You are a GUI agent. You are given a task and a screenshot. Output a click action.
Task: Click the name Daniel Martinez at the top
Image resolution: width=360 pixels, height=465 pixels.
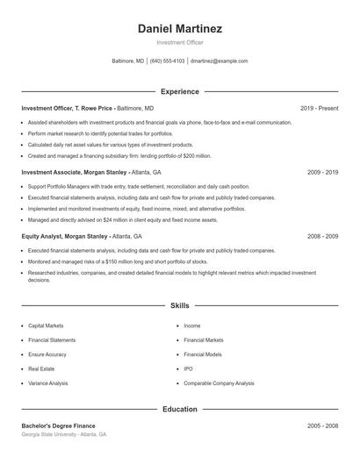tap(180, 29)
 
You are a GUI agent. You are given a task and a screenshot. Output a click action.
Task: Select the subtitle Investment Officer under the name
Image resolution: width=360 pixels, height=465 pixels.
tap(180, 42)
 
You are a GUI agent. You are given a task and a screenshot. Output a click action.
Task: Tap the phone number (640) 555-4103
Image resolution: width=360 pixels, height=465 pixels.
tap(167, 61)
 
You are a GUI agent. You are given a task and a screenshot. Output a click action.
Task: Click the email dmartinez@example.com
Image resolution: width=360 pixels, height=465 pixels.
tap(219, 61)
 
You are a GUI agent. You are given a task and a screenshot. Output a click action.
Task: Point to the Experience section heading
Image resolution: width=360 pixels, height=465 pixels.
tap(180, 91)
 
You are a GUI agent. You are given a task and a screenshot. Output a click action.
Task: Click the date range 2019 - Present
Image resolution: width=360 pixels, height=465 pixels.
tap(319, 108)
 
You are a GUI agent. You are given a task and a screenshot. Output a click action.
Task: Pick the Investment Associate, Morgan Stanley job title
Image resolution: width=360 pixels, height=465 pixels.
tap(75, 172)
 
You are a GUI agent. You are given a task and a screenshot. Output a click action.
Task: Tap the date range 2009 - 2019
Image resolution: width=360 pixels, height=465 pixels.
tap(322, 172)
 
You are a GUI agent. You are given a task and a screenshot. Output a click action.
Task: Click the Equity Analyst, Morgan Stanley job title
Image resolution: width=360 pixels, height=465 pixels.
tap(65, 236)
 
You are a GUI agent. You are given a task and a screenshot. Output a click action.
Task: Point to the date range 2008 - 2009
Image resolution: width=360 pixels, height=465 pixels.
tap(322, 236)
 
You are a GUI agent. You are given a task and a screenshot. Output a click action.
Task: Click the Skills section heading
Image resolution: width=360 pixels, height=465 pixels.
tap(180, 305)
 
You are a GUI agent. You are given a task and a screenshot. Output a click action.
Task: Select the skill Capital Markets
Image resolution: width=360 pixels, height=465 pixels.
tap(46, 325)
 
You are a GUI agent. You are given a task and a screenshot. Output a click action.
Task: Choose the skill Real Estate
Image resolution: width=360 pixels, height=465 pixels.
tap(41, 369)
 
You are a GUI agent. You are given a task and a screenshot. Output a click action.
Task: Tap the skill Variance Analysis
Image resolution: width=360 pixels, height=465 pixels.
tap(48, 383)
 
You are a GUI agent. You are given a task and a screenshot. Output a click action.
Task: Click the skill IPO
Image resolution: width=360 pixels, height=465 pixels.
tap(188, 369)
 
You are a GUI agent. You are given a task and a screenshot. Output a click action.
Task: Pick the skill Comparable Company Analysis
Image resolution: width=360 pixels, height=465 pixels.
tap(219, 383)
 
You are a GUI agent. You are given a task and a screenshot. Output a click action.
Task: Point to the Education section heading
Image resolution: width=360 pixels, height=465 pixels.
tap(180, 409)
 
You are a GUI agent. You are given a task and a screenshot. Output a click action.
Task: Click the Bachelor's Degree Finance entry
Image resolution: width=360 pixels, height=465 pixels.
tap(58, 426)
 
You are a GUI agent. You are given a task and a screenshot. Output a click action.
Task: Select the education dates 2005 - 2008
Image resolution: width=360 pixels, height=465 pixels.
tap(322, 426)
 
